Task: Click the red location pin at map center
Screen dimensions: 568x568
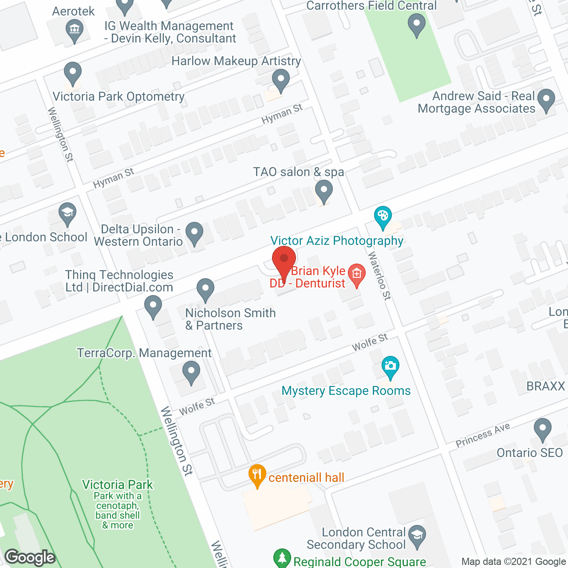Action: (x=284, y=259)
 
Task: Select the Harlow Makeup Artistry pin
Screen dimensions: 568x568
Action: (x=280, y=81)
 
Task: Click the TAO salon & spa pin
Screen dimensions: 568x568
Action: (x=324, y=193)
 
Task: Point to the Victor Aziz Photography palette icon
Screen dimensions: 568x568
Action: (x=383, y=217)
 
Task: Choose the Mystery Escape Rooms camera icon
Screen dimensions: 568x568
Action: (x=390, y=367)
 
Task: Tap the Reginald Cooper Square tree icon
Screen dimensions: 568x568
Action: (x=282, y=558)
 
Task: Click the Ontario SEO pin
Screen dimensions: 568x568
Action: (x=542, y=430)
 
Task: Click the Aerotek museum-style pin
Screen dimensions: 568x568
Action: (x=74, y=31)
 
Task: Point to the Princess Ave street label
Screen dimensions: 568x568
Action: (x=483, y=435)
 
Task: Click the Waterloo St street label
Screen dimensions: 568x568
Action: (x=380, y=276)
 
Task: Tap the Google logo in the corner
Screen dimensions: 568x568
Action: (x=30, y=557)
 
